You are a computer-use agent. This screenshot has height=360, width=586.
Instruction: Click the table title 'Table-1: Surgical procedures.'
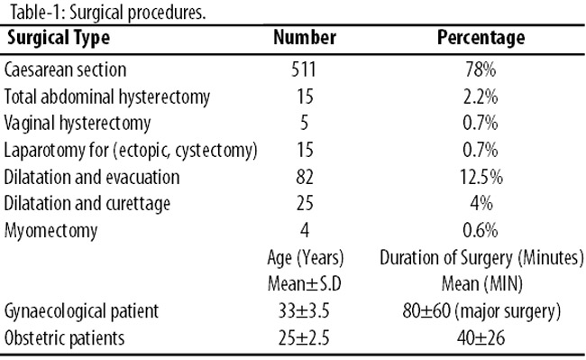(107, 13)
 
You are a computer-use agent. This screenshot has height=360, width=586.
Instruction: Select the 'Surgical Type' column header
(59, 38)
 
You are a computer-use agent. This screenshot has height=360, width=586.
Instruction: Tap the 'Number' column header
(305, 37)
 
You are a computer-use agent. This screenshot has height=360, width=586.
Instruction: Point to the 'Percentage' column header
(481, 38)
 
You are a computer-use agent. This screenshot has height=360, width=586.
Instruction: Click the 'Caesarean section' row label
(66, 69)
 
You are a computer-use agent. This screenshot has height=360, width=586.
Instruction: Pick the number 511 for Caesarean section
(304, 69)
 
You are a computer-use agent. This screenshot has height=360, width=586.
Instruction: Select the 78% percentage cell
(481, 69)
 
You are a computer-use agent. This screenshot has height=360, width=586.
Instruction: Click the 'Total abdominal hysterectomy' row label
(107, 97)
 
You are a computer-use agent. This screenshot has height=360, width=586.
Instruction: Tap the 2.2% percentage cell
(481, 97)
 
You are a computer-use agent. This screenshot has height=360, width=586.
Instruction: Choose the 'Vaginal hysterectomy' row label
(78, 124)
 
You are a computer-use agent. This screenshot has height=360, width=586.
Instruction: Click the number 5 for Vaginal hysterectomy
(304, 124)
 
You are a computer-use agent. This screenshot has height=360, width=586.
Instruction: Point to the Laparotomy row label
(131, 151)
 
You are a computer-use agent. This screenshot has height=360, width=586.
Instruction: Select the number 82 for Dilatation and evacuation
(305, 177)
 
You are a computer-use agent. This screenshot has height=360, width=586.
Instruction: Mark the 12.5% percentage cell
(481, 177)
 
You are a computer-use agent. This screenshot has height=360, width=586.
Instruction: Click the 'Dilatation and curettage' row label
(87, 204)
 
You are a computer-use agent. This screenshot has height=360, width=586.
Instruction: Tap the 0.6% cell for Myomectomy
(481, 230)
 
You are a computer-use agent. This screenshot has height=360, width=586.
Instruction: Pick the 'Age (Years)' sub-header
(306, 258)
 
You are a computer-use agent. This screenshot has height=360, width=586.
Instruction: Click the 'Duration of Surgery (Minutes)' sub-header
(481, 258)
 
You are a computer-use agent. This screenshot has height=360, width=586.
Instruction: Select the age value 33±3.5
(304, 311)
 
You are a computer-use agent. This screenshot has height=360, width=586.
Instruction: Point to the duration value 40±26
(481, 338)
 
